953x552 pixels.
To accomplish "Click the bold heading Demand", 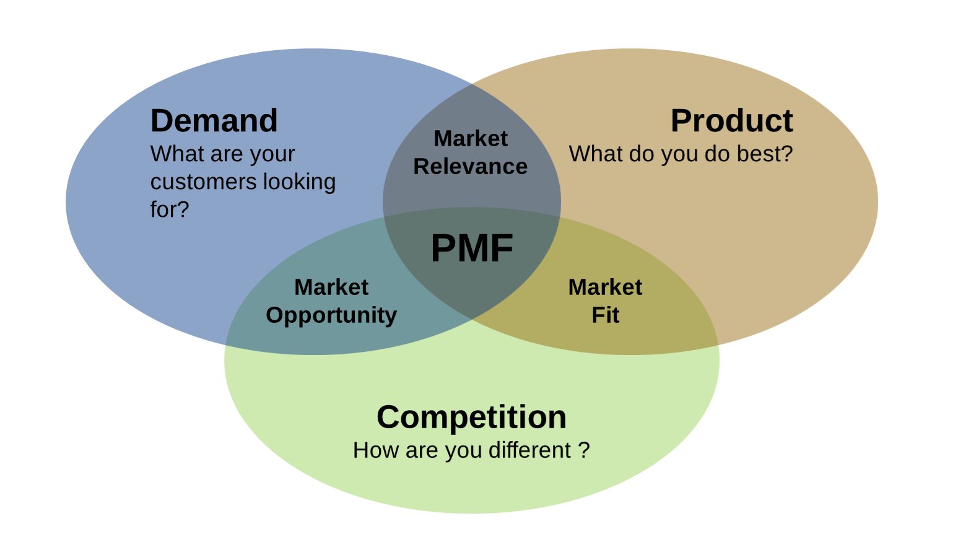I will coord(214,121).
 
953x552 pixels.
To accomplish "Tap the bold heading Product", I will coord(731,121).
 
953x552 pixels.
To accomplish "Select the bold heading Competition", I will coord(471,417).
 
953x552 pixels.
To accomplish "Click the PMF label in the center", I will coord(472,248).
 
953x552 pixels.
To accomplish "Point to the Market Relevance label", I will coord(471,152).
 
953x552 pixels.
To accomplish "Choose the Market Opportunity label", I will coord(331,301).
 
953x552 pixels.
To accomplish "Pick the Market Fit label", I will coord(605,301).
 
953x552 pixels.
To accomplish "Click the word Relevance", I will coord(471,167).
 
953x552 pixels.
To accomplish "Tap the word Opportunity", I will coord(331,315).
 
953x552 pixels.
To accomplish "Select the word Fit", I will coord(605,315).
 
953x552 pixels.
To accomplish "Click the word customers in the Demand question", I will coord(204,182).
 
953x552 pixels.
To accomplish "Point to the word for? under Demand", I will coord(169,209).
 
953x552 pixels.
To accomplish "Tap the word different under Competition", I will coord(529,450).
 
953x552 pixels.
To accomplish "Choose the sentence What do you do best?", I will coord(681,154).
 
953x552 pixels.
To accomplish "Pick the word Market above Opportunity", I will coord(331,287).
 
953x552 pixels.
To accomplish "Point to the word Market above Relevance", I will coord(471,139).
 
